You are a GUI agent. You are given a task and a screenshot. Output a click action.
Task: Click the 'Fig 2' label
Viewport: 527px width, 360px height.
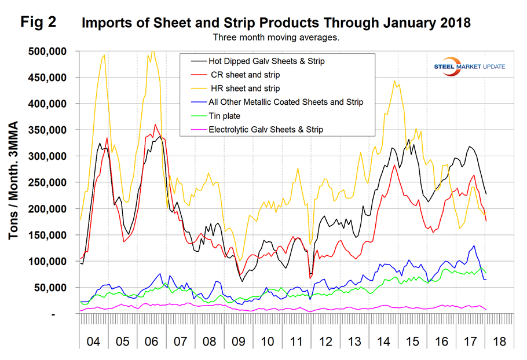(39, 23)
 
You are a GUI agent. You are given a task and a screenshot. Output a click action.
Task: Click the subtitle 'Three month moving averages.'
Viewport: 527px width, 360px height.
(275, 38)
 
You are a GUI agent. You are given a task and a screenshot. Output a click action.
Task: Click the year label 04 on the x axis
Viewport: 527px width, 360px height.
(93, 341)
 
